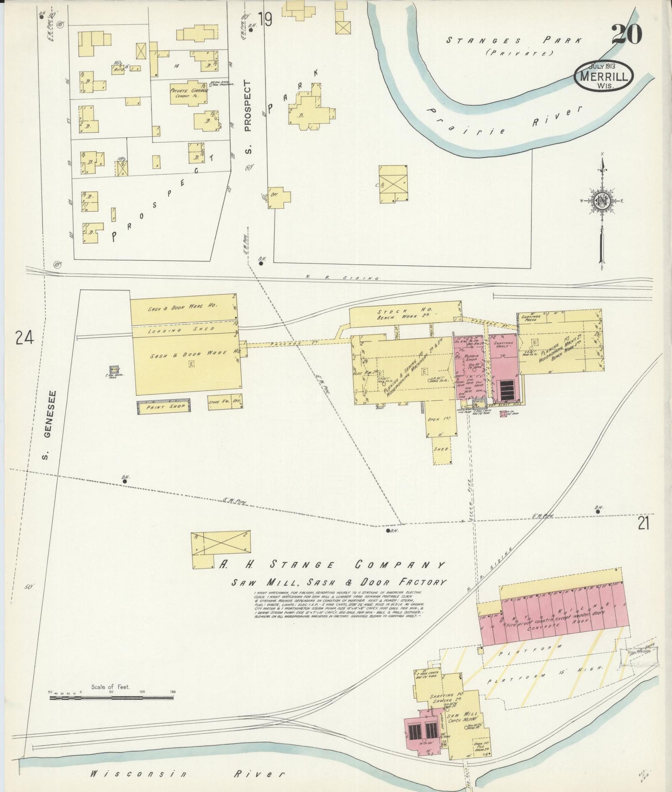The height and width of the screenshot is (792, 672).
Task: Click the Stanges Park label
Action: point(513,40)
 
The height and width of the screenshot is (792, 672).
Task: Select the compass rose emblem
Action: point(601,201)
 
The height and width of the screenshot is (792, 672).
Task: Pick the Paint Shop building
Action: point(164,406)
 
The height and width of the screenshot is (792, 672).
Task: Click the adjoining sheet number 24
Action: point(24,338)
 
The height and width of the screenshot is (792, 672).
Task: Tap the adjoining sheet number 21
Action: point(643,524)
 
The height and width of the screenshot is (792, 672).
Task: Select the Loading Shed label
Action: point(181,330)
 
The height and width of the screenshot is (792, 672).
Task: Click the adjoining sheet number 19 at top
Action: point(266,20)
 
